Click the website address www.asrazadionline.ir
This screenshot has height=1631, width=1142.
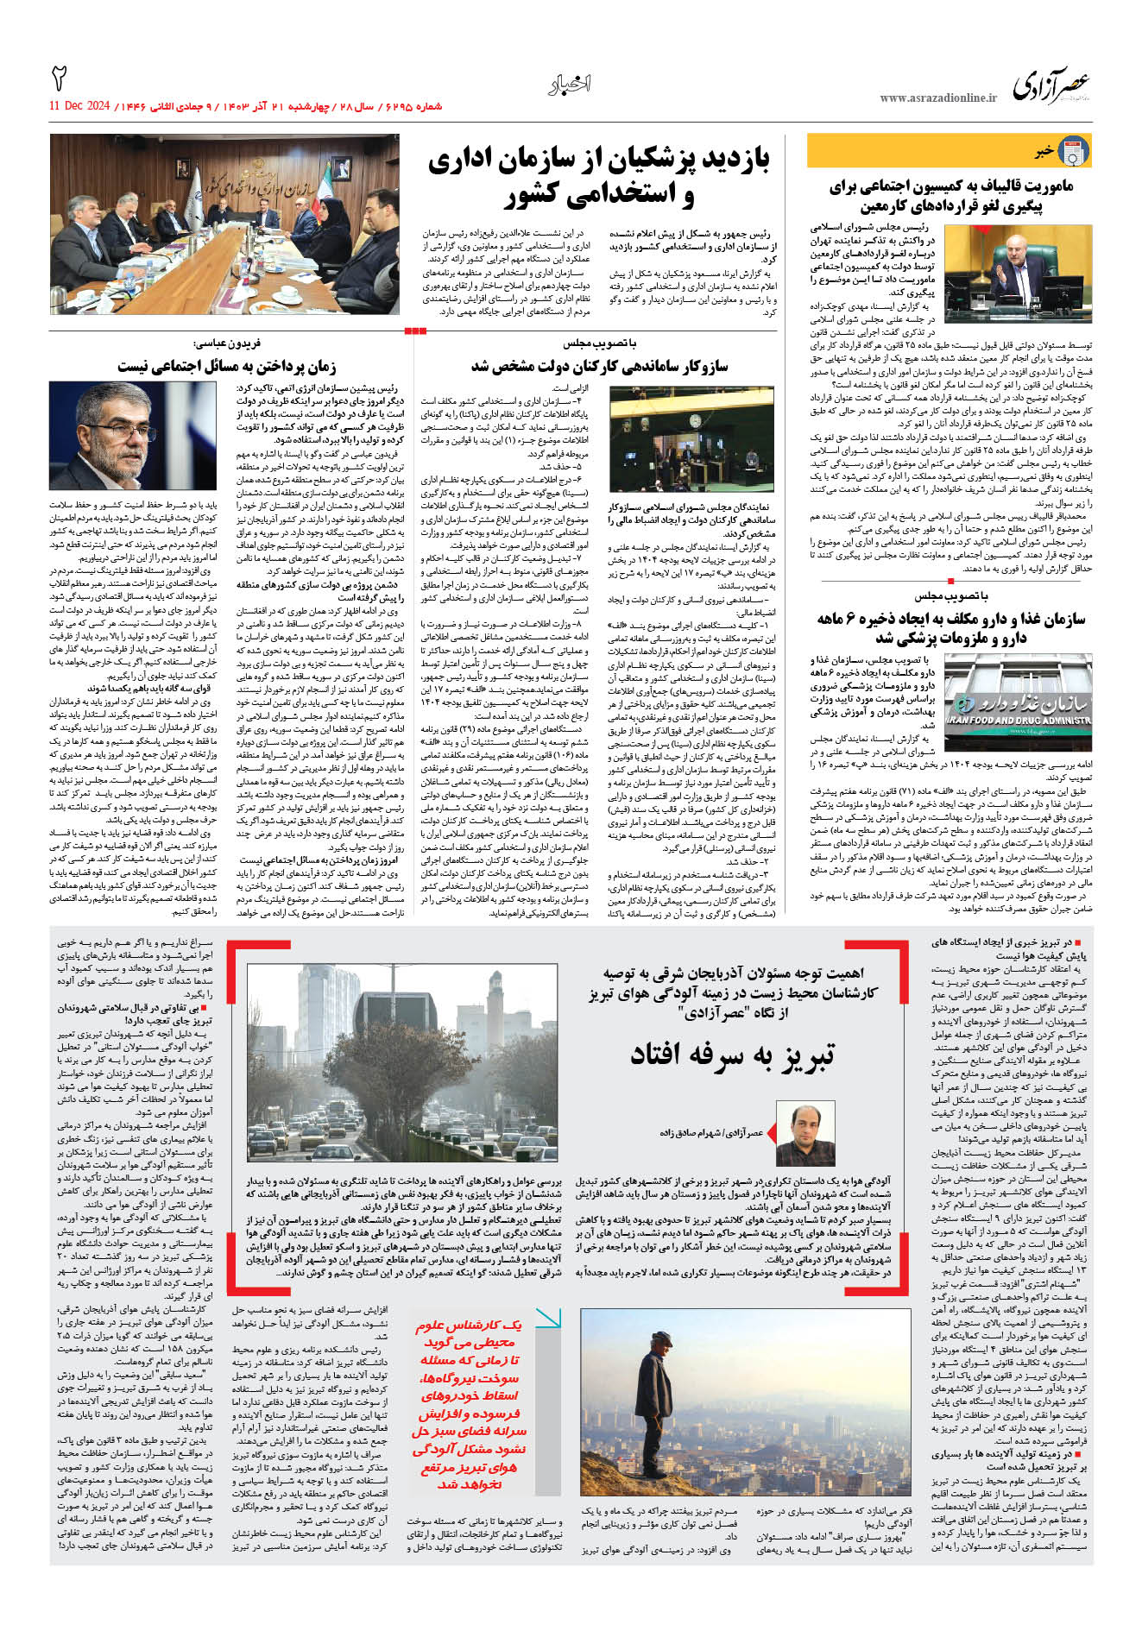tap(938, 98)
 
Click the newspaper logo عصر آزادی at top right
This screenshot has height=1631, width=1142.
tap(1051, 87)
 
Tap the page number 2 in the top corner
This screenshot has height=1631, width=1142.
tap(60, 79)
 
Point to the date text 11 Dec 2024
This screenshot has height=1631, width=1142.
tap(79, 106)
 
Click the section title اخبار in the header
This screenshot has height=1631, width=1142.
tap(570, 85)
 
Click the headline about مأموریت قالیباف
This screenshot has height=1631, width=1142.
tap(950, 196)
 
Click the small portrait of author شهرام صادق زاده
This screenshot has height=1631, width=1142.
tap(805, 1131)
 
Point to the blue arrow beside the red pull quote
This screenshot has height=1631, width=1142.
tap(547, 1318)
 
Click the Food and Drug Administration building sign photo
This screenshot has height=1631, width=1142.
tap(1018, 692)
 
